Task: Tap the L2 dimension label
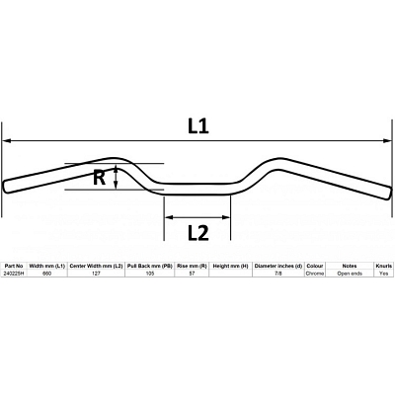(x=197, y=233)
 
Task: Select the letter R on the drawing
(x=99, y=178)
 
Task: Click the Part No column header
(x=13, y=266)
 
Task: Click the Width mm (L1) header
(x=47, y=266)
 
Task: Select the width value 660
(x=47, y=274)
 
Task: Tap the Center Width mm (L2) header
(x=96, y=266)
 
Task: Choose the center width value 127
(x=96, y=274)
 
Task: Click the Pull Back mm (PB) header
(x=150, y=266)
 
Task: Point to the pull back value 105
(x=150, y=274)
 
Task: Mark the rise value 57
(x=192, y=274)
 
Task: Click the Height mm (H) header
(x=230, y=266)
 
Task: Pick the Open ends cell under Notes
(x=350, y=274)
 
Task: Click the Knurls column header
(x=384, y=266)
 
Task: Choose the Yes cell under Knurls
(x=384, y=274)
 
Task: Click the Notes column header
(x=350, y=266)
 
